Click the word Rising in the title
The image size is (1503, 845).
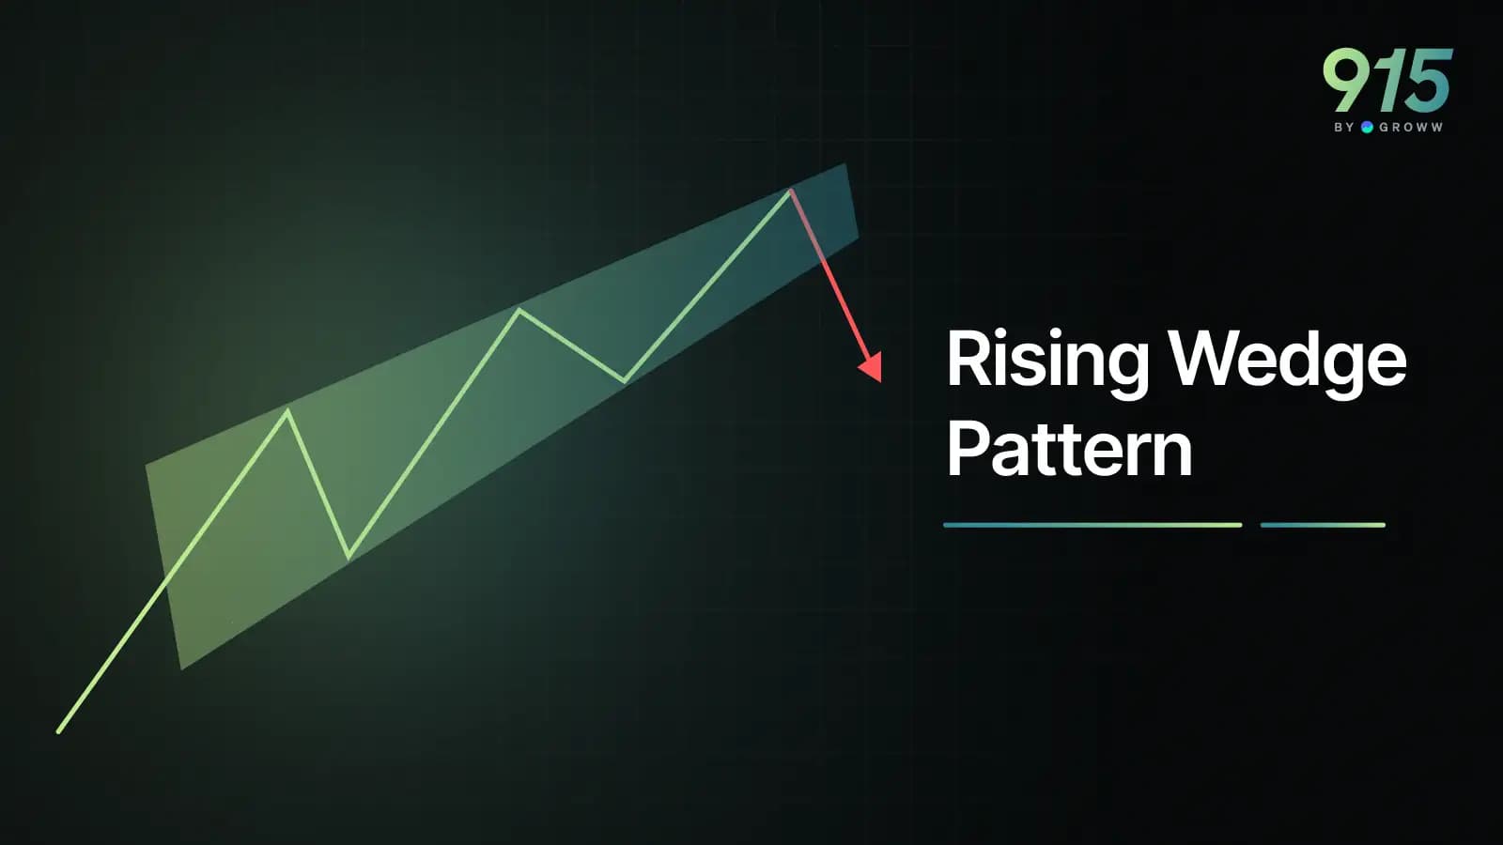[1046, 360]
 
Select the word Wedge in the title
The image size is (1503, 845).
[1286, 360]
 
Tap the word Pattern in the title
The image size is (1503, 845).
[1069, 449]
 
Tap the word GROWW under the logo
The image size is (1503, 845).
[1410, 127]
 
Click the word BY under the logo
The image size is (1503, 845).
[1343, 127]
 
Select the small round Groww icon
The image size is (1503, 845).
[1367, 127]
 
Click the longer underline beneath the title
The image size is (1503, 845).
[1092, 525]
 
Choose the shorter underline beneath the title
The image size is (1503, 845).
[1323, 525]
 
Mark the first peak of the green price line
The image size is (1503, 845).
[287, 410]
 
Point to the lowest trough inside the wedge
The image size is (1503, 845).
[349, 557]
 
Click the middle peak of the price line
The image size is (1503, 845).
[519, 310]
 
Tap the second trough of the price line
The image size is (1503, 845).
[624, 380]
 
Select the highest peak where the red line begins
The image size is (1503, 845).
[791, 191]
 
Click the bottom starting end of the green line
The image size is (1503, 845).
[59, 730]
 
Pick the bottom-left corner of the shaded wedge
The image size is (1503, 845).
[181, 668]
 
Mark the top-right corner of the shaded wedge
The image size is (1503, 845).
[845, 165]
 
